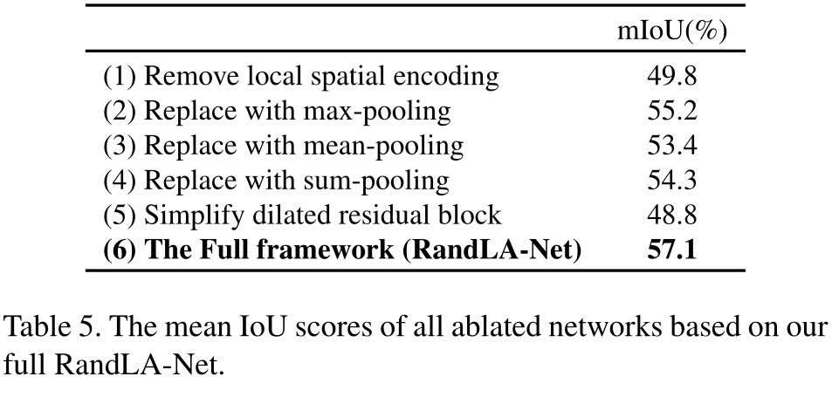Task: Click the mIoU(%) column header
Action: (671, 31)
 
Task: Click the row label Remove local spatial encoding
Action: (301, 77)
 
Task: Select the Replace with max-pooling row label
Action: (277, 112)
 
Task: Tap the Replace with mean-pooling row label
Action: (283, 146)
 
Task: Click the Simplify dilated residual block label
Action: (301, 216)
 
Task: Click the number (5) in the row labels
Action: (120, 216)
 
